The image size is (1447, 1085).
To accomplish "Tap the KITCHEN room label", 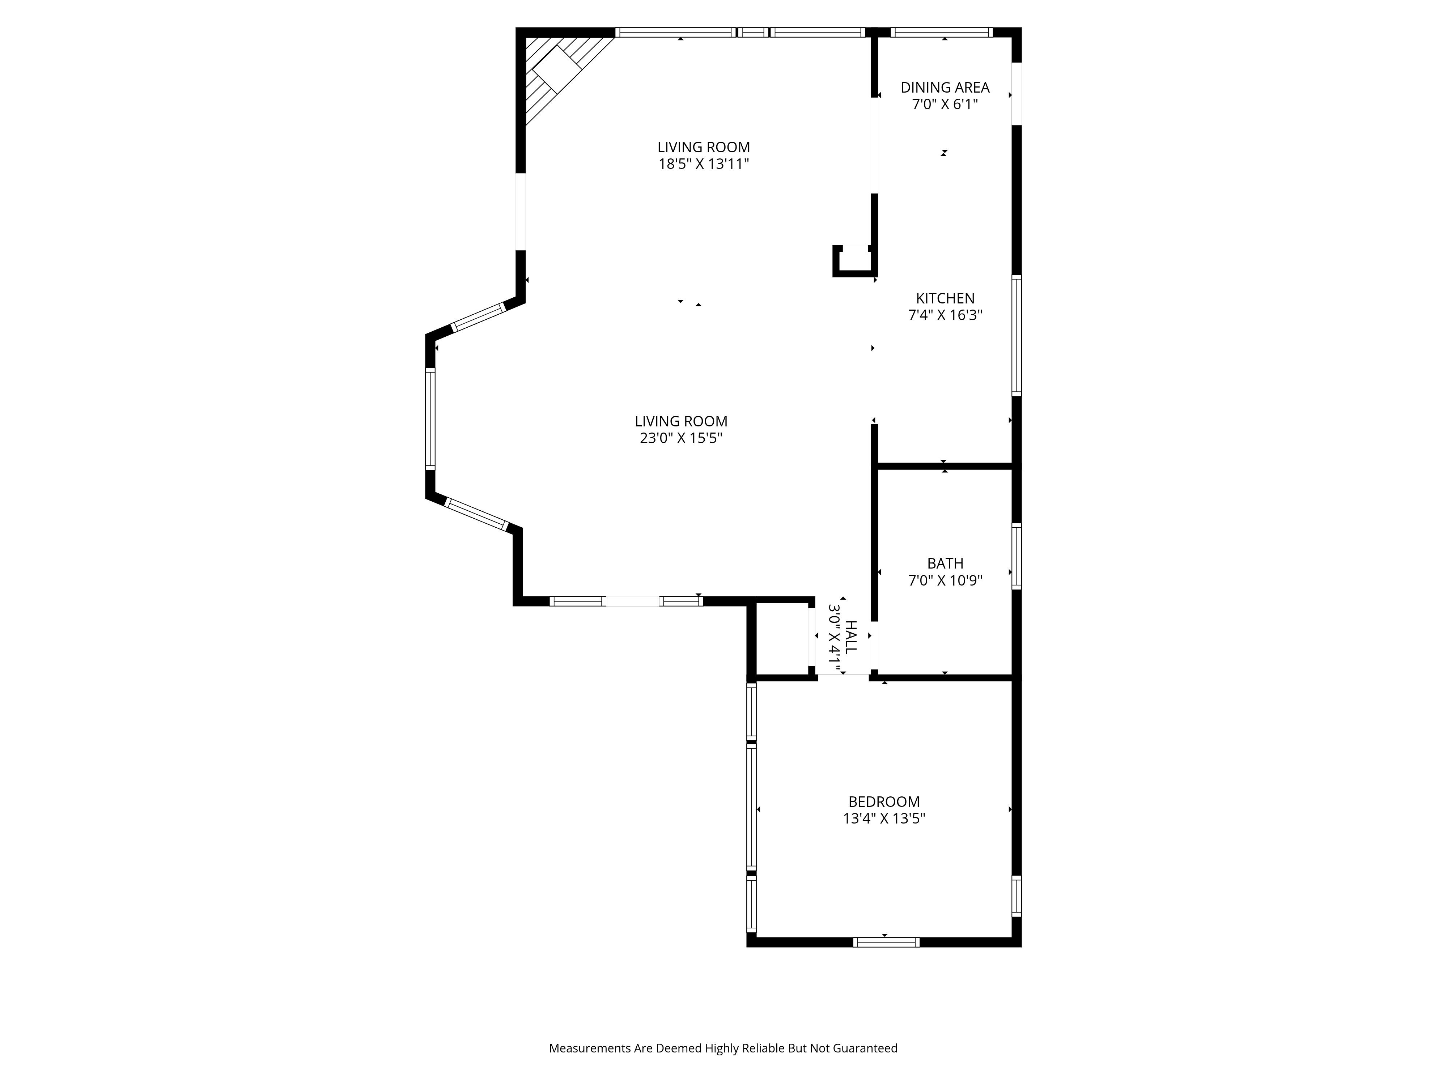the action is click(x=945, y=298).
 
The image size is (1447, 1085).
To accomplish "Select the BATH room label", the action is click(x=945, y=563).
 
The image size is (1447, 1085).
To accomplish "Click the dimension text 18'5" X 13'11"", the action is click(x=703, y=163).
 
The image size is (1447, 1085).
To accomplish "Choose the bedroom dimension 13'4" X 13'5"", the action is click(x=884, y=818).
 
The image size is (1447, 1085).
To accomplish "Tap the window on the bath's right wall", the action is click(x=1017, y=556).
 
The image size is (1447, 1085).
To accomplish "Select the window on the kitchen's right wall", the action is click(x=1017, y=335).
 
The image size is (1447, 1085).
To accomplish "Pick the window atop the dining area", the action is click(x=941, y=32).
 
